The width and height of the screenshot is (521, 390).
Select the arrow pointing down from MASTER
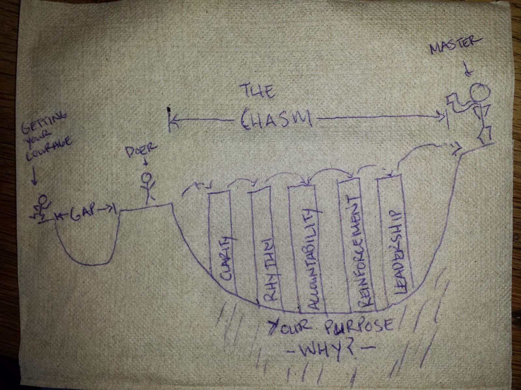(469, 70)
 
